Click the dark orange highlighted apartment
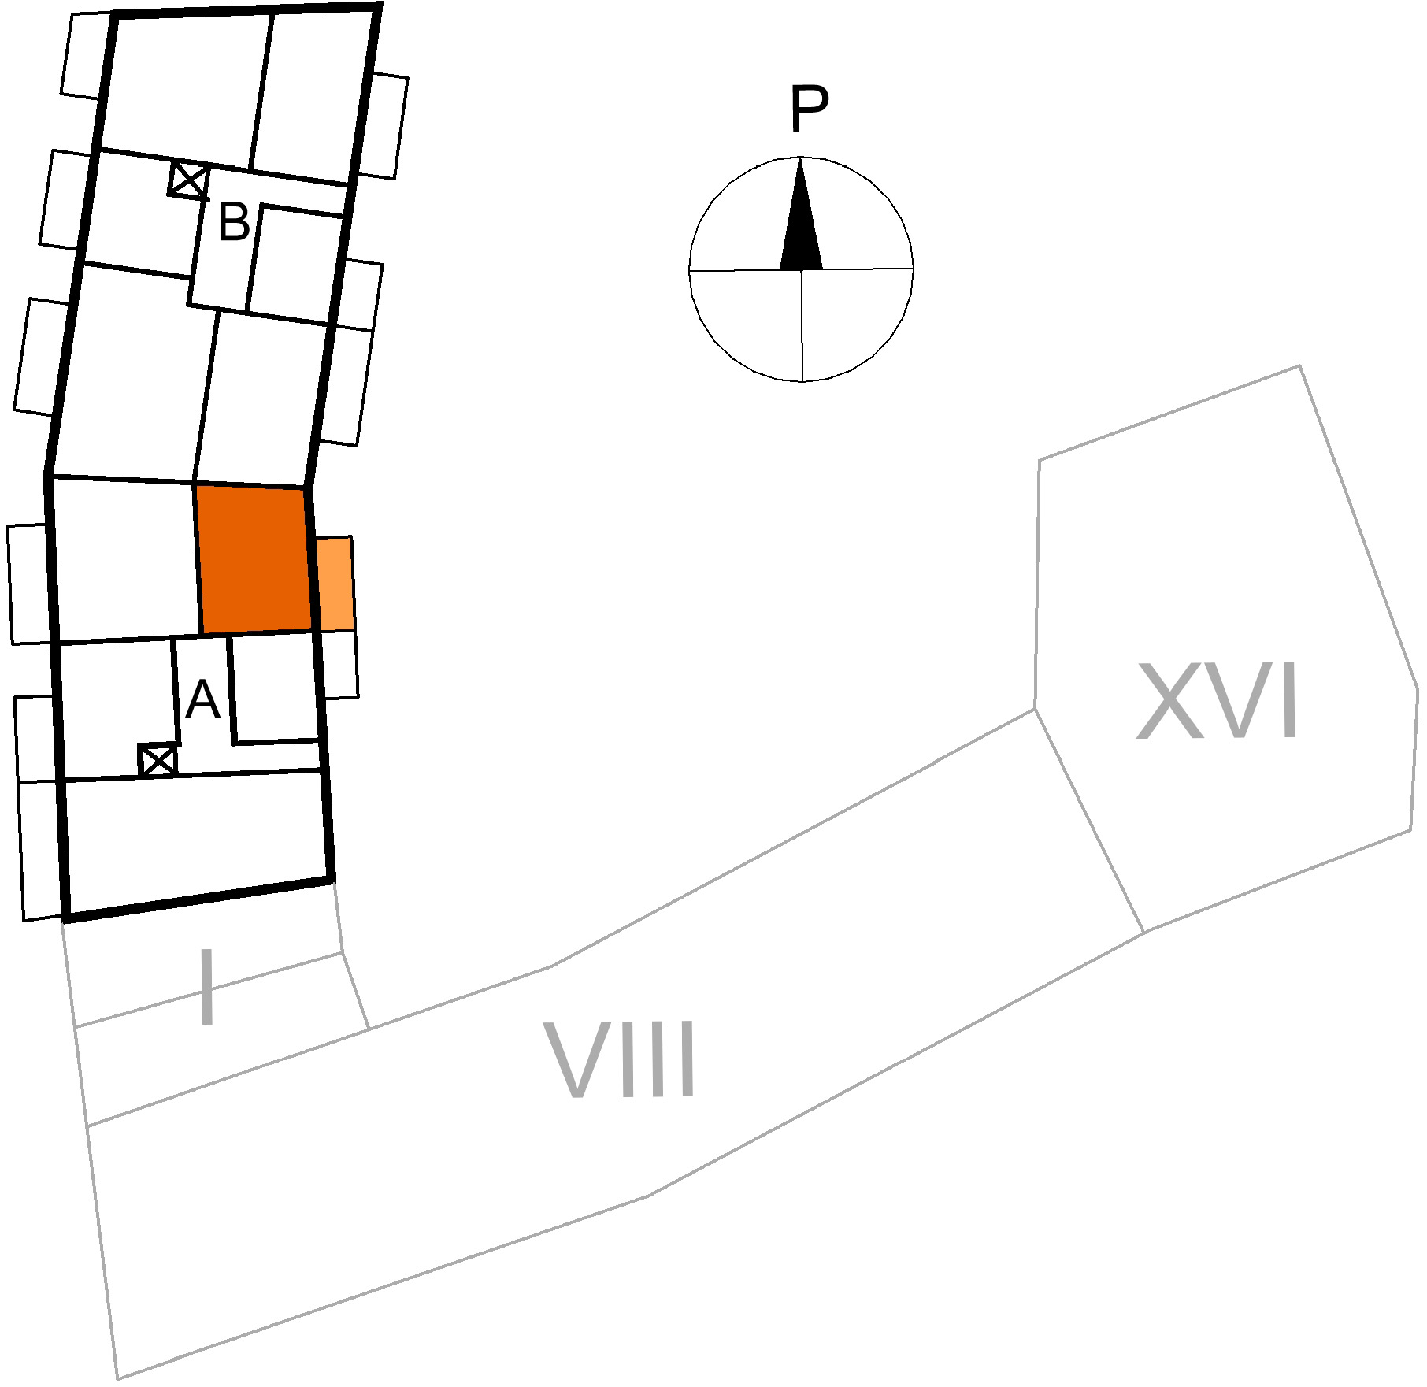tap(253, 560)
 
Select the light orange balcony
tap(335, 584)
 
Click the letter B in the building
tap(233, 222)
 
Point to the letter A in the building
tap(202, 699)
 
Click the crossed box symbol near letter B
tap(189, 180)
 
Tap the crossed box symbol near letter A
tap(158, 760)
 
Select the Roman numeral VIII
tap(621, 1059)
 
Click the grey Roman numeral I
tap(207, 987)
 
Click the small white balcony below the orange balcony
tap(339, 663)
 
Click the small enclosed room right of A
tap(276, 688)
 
